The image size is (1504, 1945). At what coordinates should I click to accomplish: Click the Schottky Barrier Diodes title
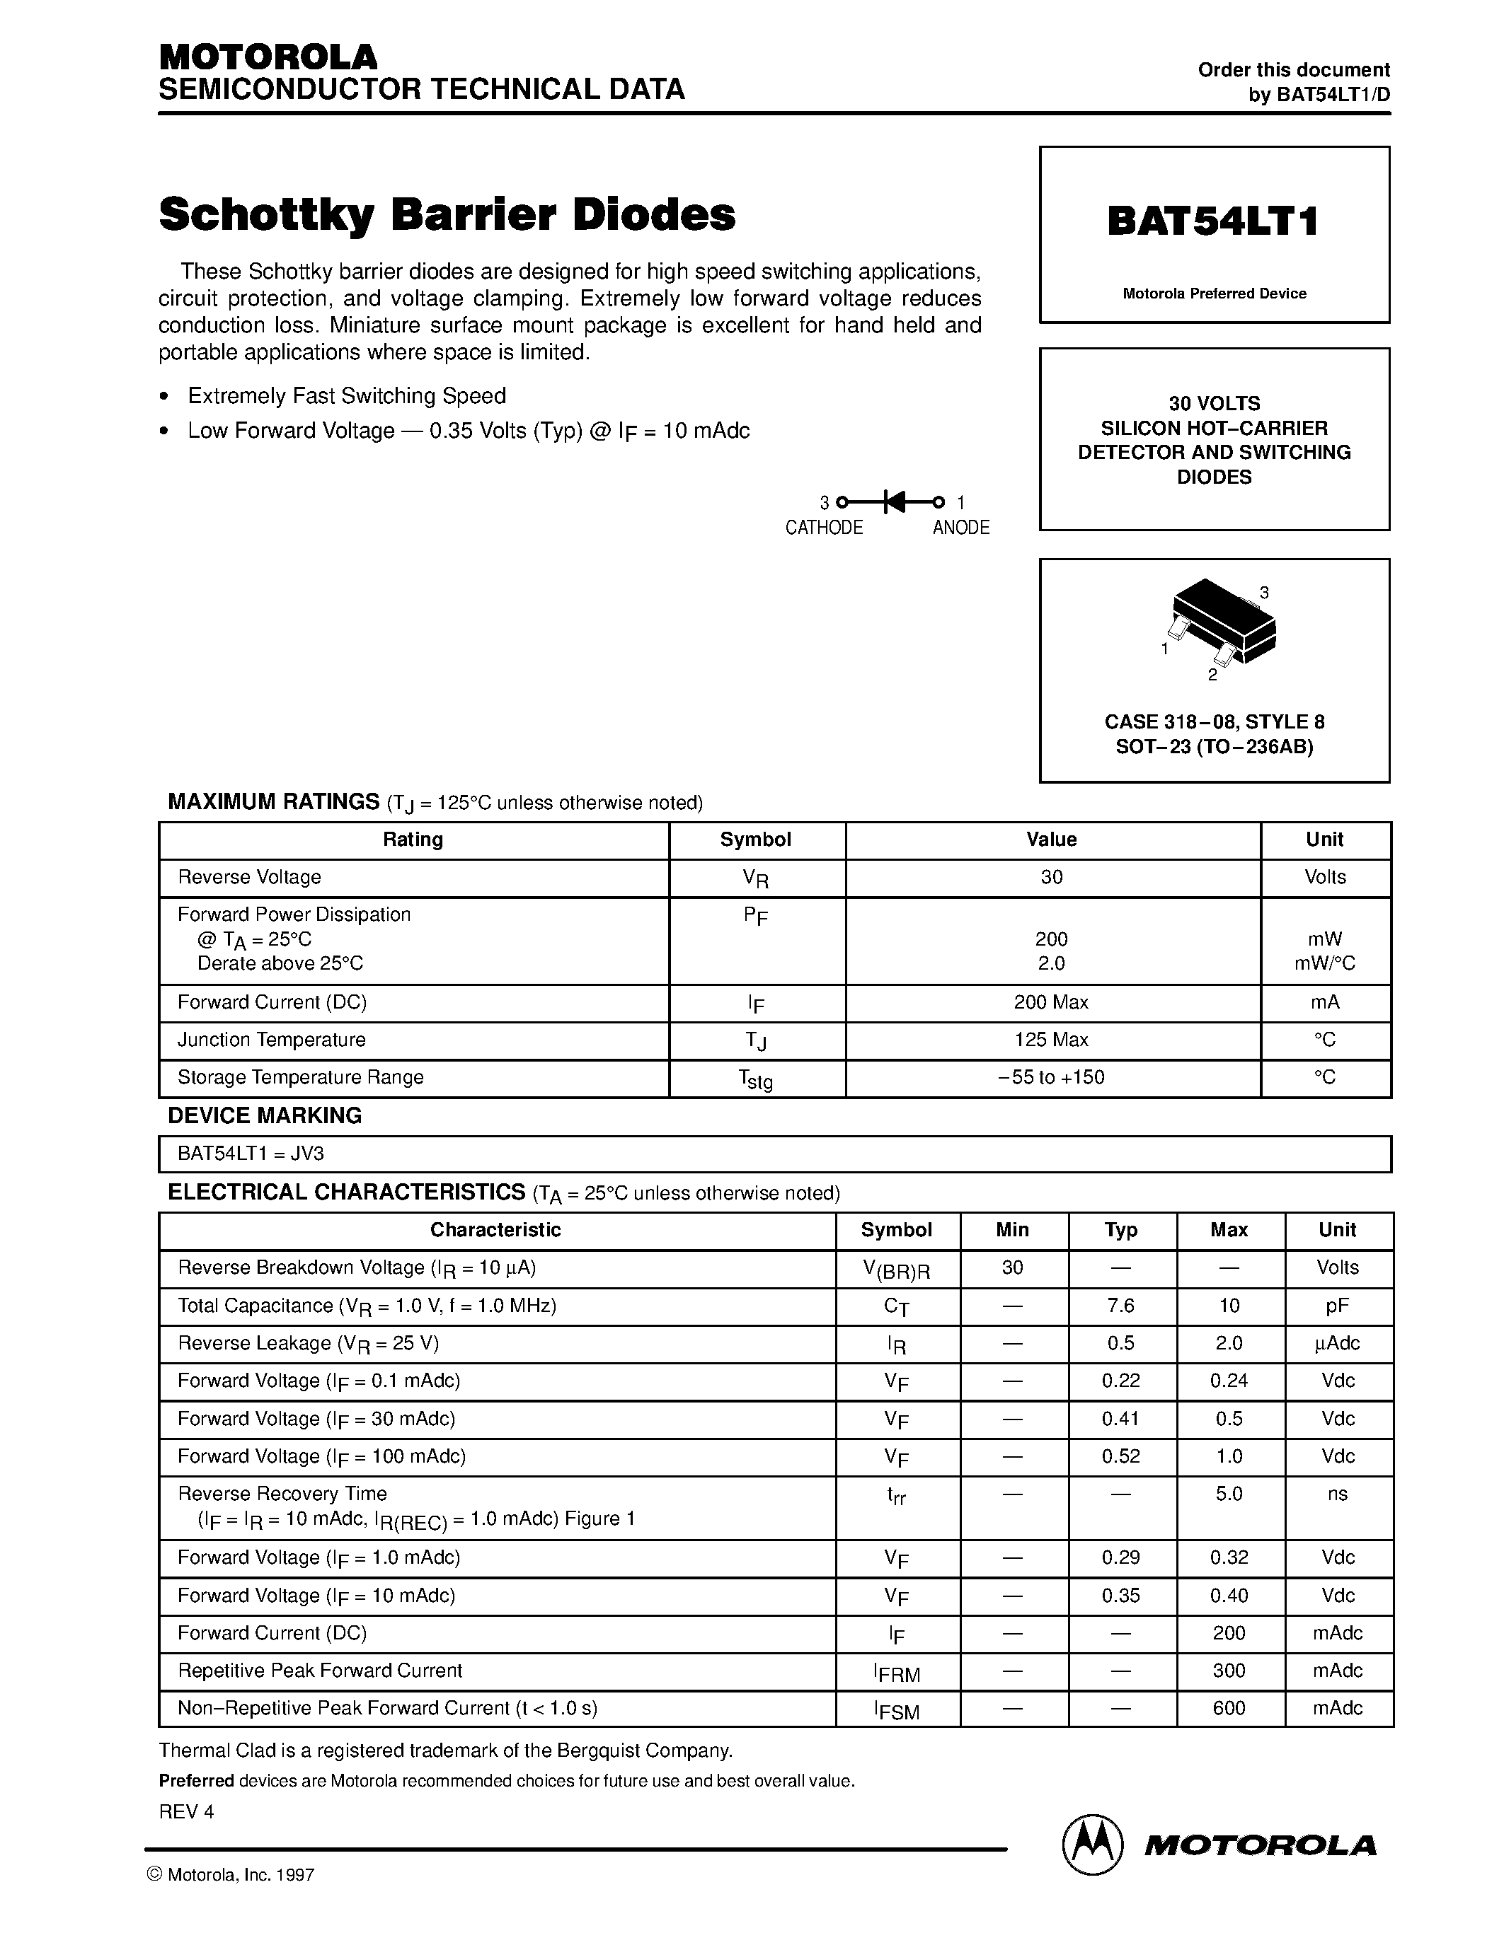[447, 214]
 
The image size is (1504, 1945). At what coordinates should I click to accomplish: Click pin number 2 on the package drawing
[1212, 675]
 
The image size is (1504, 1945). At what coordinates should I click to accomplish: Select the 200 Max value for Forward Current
[1050, 1002]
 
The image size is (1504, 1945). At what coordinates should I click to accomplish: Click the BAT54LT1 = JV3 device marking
[251, 1154]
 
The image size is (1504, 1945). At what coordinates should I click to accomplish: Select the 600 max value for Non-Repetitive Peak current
[1228, 1708]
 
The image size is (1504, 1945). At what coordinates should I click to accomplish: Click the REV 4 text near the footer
[186, 1811]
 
